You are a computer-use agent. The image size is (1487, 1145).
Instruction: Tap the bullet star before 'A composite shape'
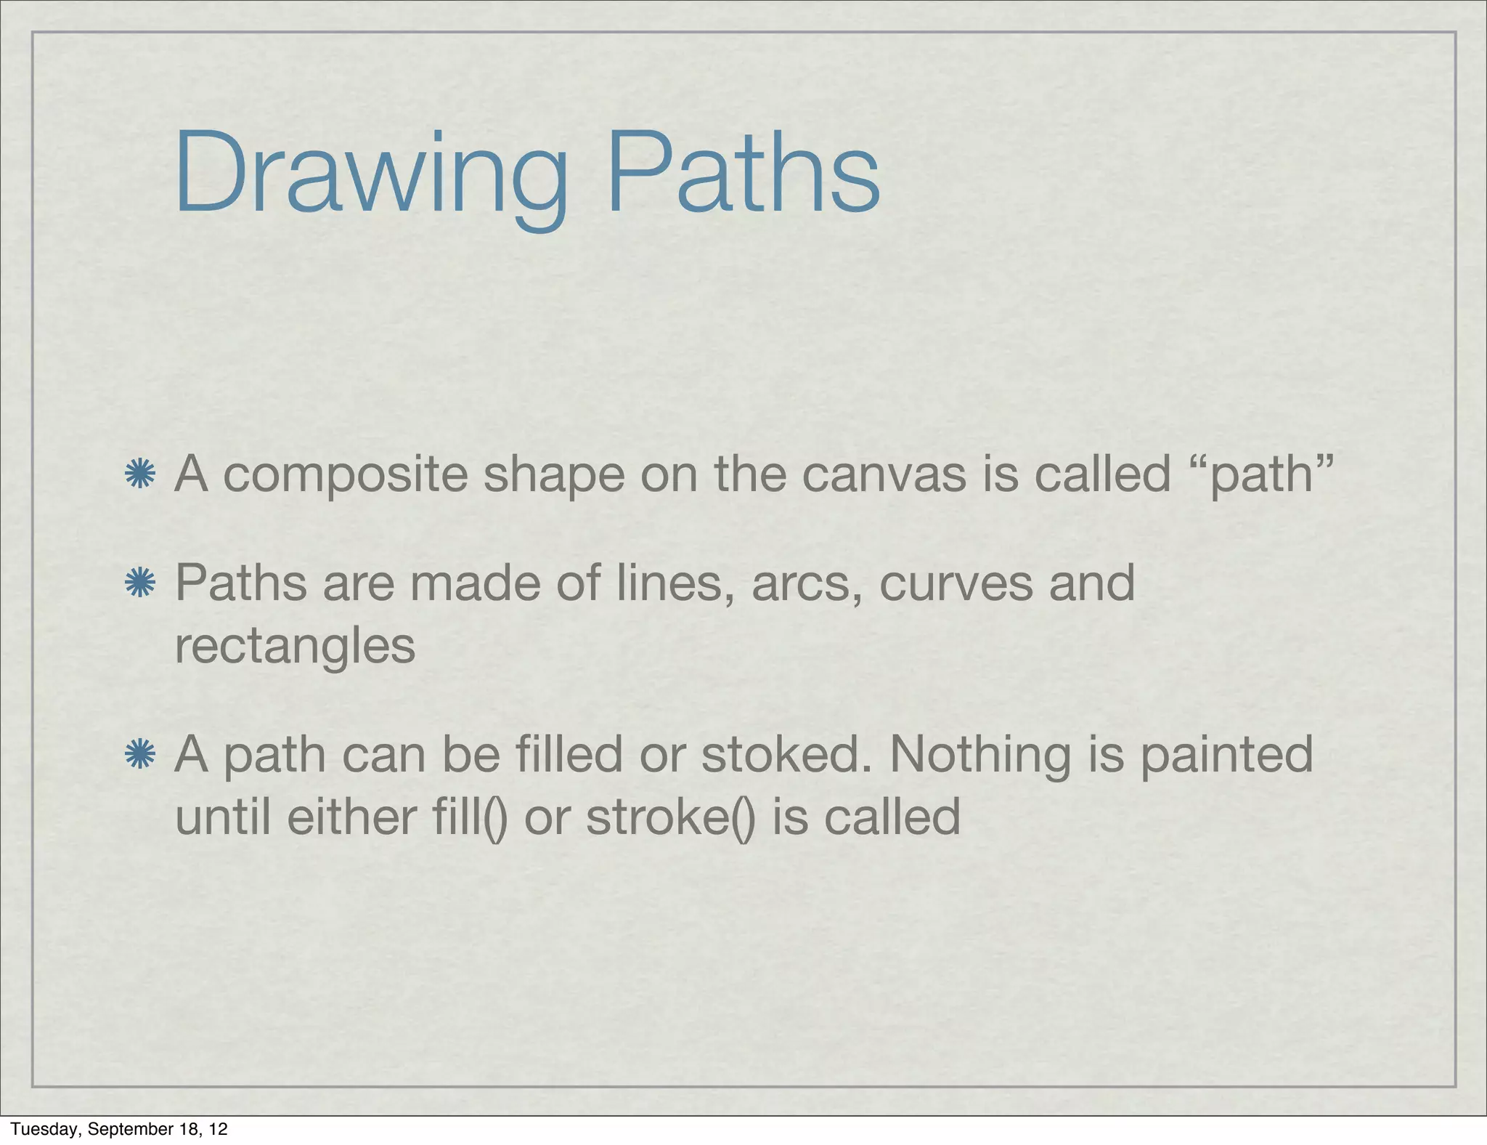click(140, 474)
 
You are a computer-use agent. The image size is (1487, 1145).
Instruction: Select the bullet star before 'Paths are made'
click(140, 583)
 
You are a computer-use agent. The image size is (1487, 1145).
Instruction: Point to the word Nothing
click(980, 756)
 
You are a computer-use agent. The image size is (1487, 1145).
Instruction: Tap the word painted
click(1226, 756)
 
